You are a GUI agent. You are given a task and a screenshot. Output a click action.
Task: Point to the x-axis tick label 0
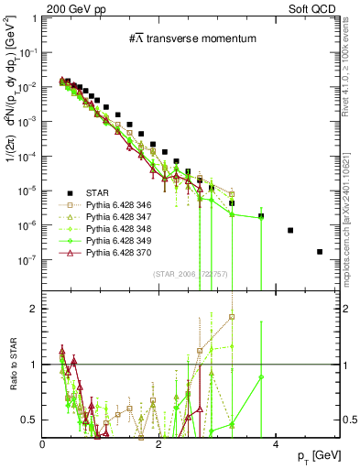click(43, 444)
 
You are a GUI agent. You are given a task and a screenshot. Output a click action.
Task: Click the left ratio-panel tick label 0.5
click(29, 420)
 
